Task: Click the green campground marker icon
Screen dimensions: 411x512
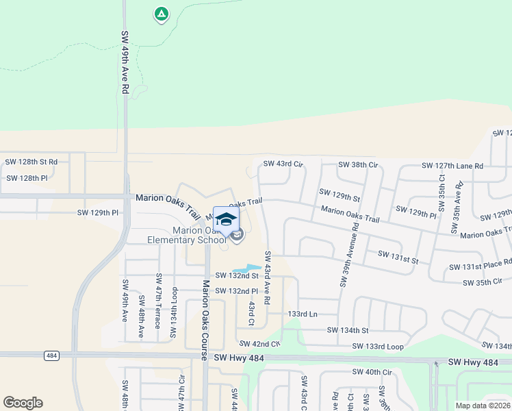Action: click(161, 14)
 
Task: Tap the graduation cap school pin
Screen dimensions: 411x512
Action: click(225, 219)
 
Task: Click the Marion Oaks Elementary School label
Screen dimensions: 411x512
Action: click(187, 235)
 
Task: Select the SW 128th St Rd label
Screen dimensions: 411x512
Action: click(31, 162)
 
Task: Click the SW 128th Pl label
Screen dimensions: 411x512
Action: click(27, 178)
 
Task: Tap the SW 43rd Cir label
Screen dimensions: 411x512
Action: click(283, 164)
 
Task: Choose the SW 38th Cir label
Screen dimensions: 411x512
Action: click(358, 165)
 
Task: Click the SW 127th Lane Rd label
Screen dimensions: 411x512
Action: click(452, 166)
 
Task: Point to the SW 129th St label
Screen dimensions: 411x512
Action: click(340, 197)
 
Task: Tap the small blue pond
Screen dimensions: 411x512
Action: click(247, 268)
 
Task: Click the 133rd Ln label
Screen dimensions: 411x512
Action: click(303, 313)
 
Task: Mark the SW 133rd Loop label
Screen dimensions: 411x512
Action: click(378, 346)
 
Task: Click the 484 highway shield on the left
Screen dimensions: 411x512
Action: click(52, 356)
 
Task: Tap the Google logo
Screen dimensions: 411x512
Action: click(23, 403)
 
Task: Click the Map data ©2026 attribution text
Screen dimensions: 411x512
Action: click(482, 406)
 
